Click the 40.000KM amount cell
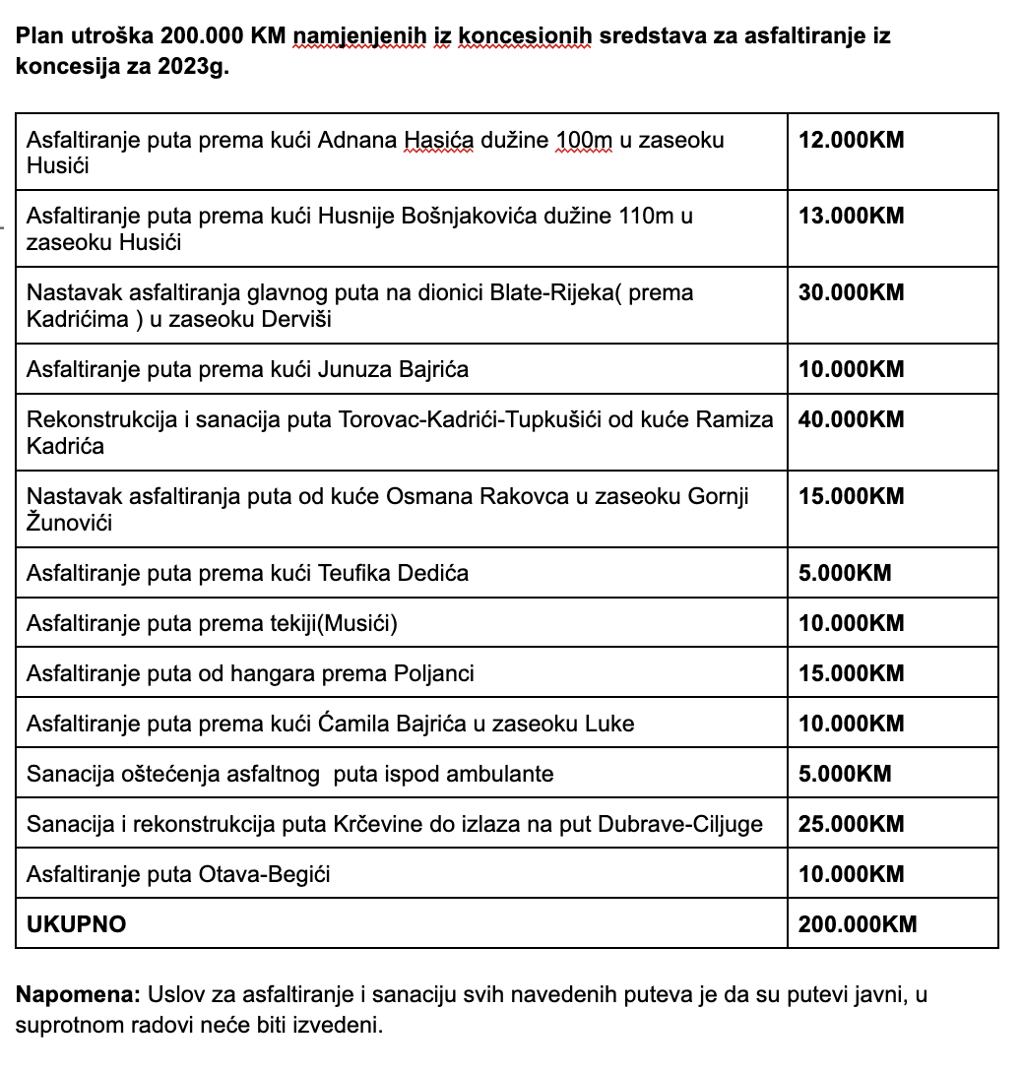point(851,420)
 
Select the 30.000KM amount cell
point(851,293)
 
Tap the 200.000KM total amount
point(858,924)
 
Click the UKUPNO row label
point(77,924)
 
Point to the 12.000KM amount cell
point(851,141)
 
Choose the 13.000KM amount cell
point(851,217)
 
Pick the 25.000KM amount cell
point(851,824)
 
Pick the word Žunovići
point(69,524)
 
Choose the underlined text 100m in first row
point(585,141)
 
